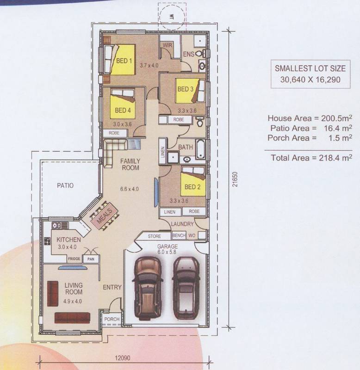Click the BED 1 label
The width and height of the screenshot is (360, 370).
point(124,61)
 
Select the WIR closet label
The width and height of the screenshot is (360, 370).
point(168,45)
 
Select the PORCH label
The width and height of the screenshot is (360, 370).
point(112,319)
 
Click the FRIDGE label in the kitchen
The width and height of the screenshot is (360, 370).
point(74,259)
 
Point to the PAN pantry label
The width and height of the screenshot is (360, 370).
point(91,259)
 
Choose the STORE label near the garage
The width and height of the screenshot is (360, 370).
point(155,236)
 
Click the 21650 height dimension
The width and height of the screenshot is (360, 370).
point(235,179)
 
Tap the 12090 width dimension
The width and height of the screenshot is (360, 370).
point(123,358)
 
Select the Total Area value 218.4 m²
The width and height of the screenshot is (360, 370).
point(335,157)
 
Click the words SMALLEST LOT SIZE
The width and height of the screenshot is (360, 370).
point(310,68)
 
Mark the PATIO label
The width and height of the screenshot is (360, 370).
point(65,185)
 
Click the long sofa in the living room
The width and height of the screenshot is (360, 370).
point(73,318)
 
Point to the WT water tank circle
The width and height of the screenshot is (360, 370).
point(172,17)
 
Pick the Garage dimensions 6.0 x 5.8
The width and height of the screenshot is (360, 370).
point(168,252)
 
